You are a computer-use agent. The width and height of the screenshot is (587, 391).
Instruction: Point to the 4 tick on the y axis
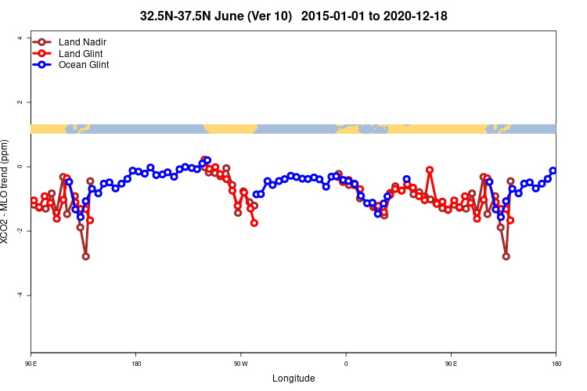pyautogui.click(x=21, y=38)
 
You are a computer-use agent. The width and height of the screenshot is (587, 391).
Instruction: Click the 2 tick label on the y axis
pyautogui.click(x=21, y=102)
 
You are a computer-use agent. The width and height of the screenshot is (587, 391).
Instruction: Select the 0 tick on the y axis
pyautogui.click(x=21, y=167)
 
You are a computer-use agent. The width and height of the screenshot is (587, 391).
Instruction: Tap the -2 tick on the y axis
pyautogui.click(x=20, y=231)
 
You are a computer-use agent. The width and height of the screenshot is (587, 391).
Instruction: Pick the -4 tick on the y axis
pyautogui.click(x=20, y=295)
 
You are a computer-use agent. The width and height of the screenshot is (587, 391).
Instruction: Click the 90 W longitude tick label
pyautogui.click(x=240, y=364)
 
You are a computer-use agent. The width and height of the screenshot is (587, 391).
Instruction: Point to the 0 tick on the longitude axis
pyautogui.click(x=346, y=364)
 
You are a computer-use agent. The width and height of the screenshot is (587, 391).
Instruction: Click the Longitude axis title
pyautogui.click(x=293, y=378)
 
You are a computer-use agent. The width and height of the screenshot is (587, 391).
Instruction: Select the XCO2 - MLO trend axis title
pyautogui.click(x=7, y=192)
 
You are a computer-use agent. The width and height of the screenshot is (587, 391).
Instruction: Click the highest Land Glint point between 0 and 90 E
pyautogui.click(x=430, y=170)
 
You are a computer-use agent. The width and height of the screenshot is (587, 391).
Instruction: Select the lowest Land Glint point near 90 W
pyautogui.click(x=254, y=223)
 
